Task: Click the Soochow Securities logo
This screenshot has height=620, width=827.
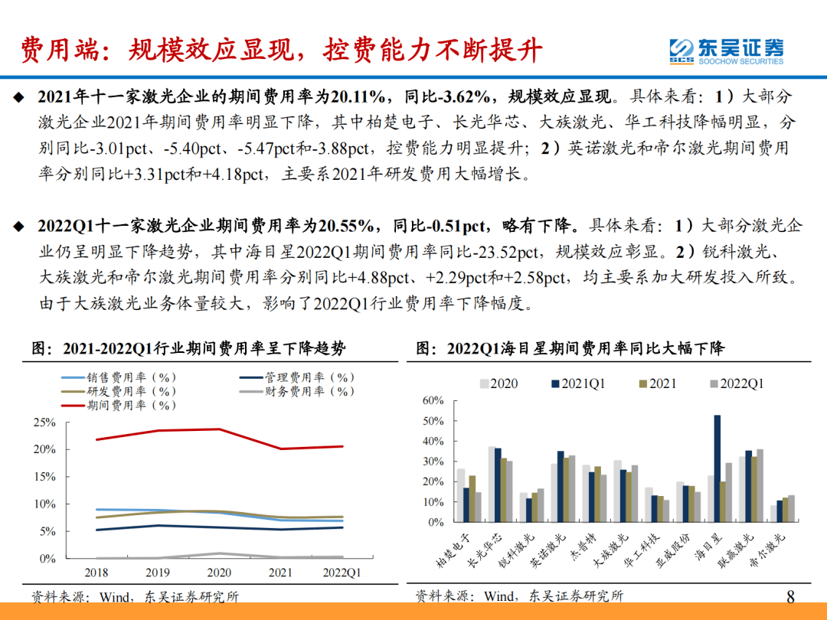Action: [x=725, y=51]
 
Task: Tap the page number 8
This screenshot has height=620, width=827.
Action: [x=791, y=596]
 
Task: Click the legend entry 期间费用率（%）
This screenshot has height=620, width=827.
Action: [x=130, y=405]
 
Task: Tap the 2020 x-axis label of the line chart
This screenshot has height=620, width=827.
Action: [x=220, y=572]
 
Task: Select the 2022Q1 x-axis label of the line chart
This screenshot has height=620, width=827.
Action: [x=342, y=572]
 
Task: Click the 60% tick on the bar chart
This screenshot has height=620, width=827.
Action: [x=433, y=401]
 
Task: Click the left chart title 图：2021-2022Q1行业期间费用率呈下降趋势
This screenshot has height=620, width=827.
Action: [x=188, y=349]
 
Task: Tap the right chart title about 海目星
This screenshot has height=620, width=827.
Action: [x=570, y=349]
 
